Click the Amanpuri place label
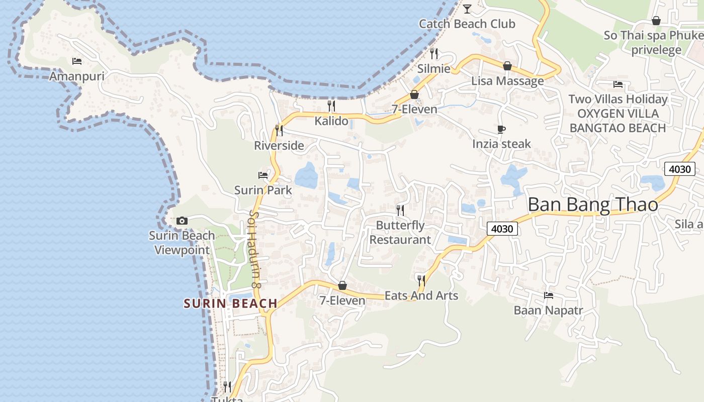(x=77, y=76)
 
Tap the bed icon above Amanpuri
(x=77, y=61)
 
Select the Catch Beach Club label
(x=467, y=24)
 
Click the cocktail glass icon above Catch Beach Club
(x=467, y=9)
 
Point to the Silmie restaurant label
(x=434, y=68)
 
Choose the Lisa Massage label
(x=507, y=81)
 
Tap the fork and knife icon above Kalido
(x=331, y=106)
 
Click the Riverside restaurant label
(x=279, y=146)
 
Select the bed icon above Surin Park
(x=263, y=175)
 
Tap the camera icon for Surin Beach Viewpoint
(x=182, y=221)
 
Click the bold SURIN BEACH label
(x=230, y=304)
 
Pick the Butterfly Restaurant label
(x=400, y=232)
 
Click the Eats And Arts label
(x=421, y=295)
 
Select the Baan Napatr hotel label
(x=548, y=310)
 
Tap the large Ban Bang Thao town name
(x=593, y=205)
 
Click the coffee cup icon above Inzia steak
(x=501, y=129)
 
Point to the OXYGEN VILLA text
(x=618, y=114)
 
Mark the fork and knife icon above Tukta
(x=227, y=386)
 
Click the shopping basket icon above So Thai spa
(x=656, y=21)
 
